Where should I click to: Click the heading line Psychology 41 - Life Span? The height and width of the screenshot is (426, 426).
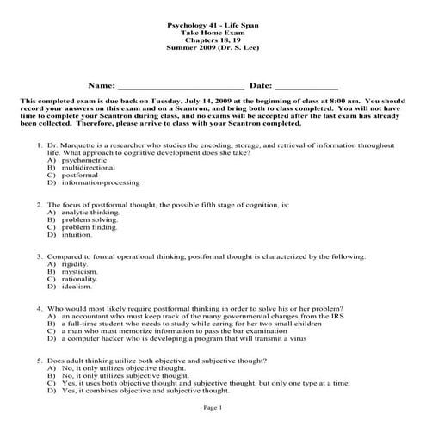pos(213,28)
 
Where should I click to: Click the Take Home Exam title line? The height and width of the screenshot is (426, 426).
pos(213,34)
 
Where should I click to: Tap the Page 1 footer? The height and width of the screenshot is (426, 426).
pos(213,406)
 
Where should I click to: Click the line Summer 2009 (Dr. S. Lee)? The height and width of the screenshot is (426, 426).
pos(213,50)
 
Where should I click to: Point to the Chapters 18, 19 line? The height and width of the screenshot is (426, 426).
pos(213,42)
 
